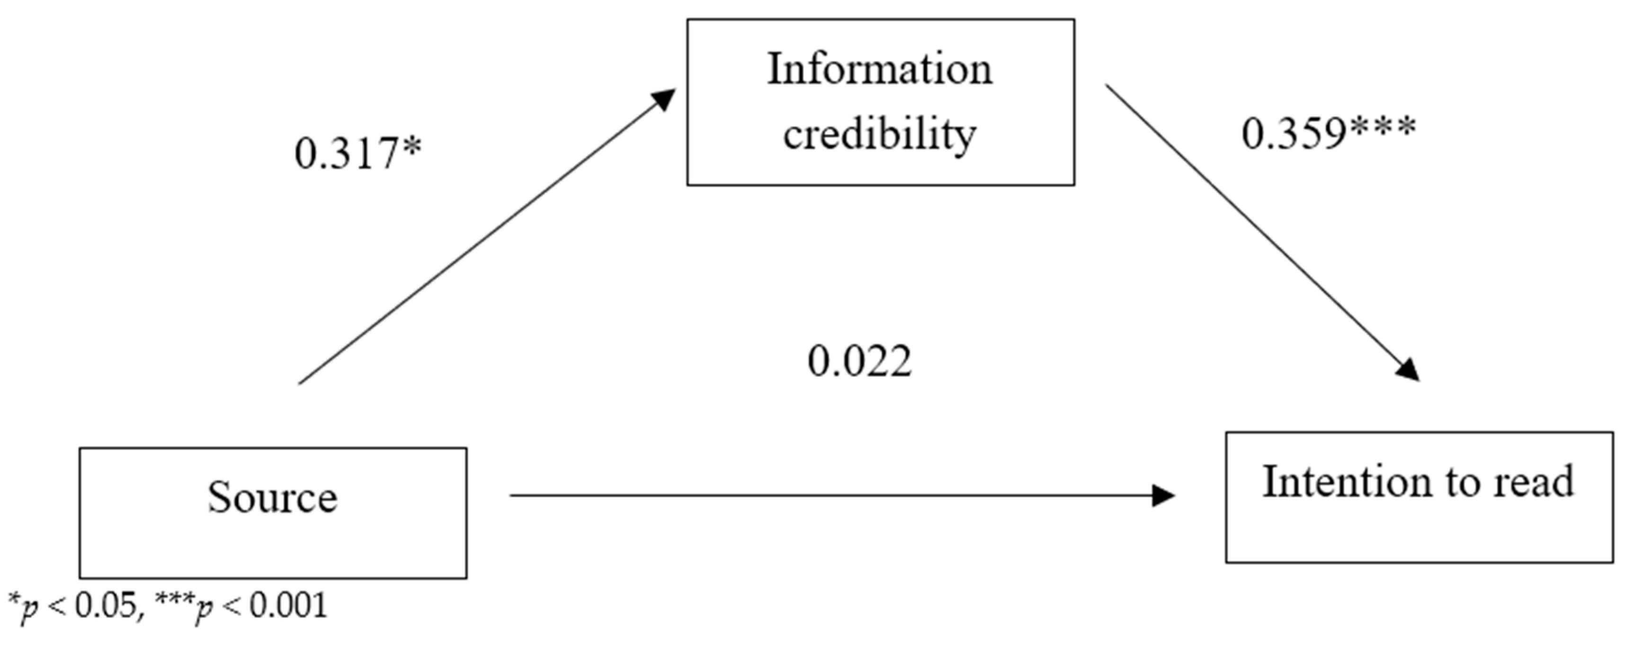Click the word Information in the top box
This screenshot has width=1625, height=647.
click(x=879, y=69)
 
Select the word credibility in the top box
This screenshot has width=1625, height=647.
click(x=879, y=135)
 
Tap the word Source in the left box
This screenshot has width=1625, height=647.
click(x=273, y=498)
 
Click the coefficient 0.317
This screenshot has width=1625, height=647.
click(x=346, y=155)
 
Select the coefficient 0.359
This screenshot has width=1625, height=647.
click(x=1293, y=135)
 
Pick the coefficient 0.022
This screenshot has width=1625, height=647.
click(x=859, y=362)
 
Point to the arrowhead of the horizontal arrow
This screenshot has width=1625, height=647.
click(x=1163, y=495)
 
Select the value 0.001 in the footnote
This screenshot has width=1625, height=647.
click(x=288, y=606)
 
